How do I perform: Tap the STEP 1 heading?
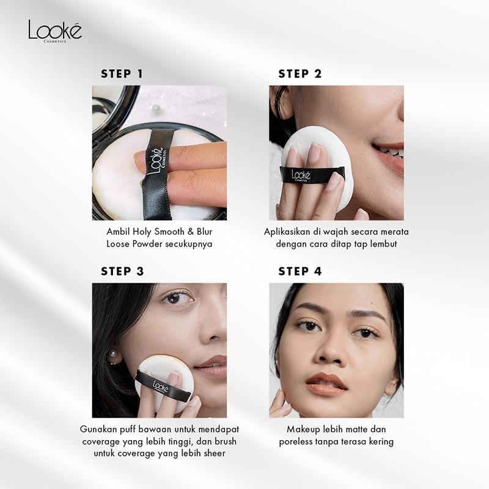tap(122, 74)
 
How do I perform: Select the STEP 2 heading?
tap(300, 74)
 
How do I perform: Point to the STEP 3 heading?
tap(122, 271)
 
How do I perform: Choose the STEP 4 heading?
tap(300, 271)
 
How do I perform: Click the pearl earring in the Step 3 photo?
tap(113, 356)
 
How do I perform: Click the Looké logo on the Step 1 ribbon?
tap(156, 161)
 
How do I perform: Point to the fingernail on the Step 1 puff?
tap(140, 158)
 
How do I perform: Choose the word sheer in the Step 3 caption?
tap(215, 454)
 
